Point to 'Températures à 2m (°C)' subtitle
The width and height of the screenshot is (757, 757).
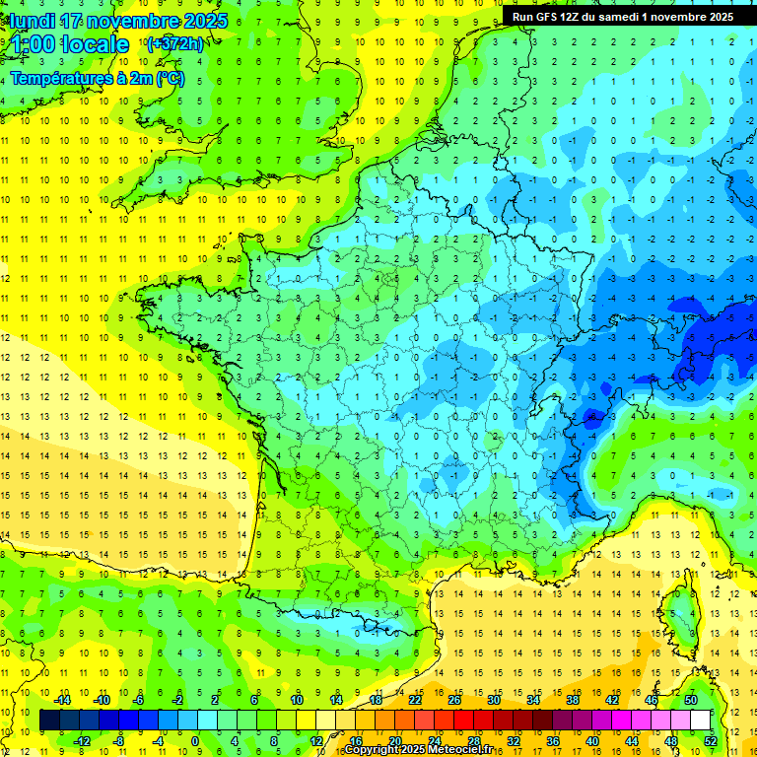pos(98,79)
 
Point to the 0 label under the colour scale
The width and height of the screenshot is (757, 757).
pos(195,740)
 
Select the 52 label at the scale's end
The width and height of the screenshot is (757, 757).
pos(710,740)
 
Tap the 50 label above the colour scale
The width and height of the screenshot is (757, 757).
pos(690,700)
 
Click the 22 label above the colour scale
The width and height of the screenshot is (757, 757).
pos(414,700)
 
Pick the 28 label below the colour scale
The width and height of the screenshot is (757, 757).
pos(473,740)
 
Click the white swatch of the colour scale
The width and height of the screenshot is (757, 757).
pos(700,721)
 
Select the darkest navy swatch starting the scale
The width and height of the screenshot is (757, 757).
pos(49,721)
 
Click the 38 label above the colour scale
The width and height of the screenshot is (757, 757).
pos(572,700)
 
